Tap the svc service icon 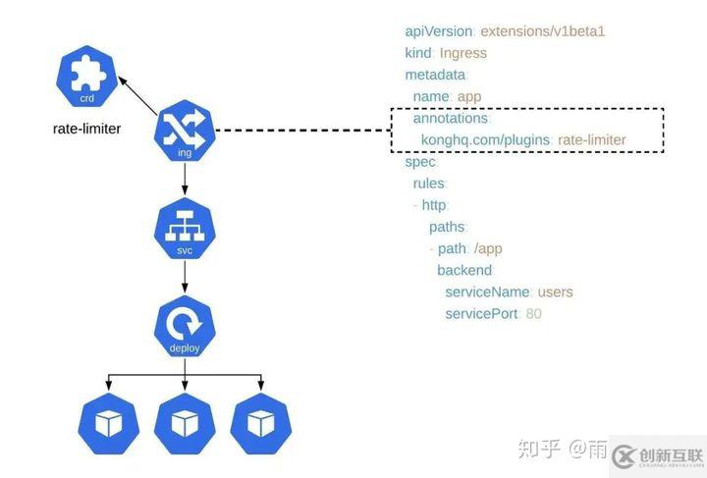point(185,230)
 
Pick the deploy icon point(185,327)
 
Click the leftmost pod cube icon point(108,423)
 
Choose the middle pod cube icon point(185,423)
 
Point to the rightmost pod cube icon point(261,423)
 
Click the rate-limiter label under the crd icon point(86,129)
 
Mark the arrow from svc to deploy point(185,279)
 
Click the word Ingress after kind point(463,53)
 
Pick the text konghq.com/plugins point(485,140)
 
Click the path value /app point(488,248)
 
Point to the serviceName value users point(556,292)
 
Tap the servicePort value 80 point(534,313)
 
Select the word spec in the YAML point(419,161)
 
